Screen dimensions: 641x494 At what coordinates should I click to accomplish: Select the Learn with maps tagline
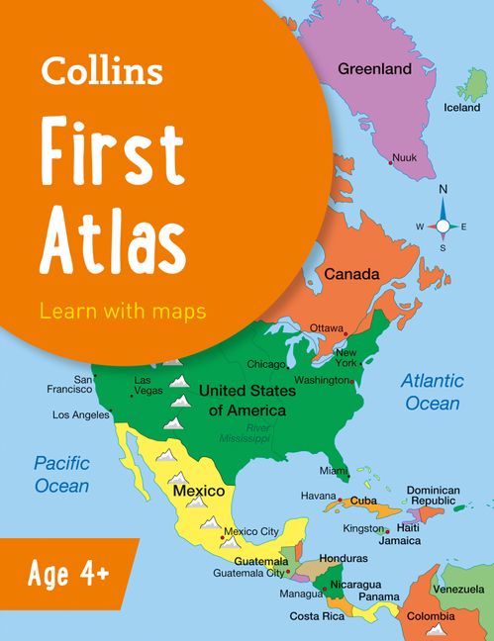pos(123,310)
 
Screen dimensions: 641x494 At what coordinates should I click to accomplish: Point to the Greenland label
pos(374,69)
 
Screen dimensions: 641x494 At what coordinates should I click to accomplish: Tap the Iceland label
pos(461,107)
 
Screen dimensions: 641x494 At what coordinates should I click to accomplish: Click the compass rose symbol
pos(444,226)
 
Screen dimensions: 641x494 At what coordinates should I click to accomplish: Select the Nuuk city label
pos(404,157)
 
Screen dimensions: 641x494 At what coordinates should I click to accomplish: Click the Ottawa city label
pos(326,327)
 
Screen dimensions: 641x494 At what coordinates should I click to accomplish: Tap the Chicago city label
pos(265,363)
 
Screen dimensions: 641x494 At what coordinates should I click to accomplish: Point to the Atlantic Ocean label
pos(432,392)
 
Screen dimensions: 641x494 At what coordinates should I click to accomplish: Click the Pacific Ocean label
pos(61,474)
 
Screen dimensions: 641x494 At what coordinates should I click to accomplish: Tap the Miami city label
pos(334,471)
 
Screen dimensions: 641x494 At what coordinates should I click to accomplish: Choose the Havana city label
pos(319,495)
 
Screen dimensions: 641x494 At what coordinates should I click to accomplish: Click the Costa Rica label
pos(316,615)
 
